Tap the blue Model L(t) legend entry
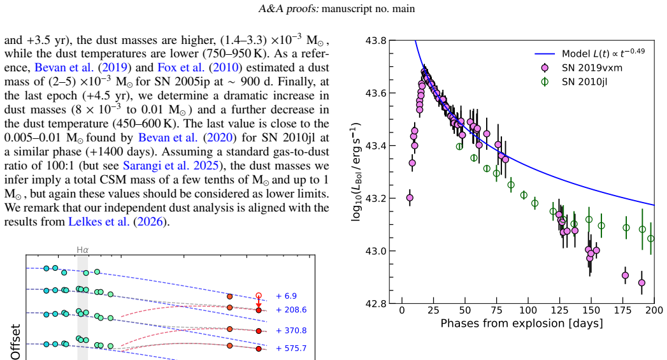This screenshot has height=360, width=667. [x=590, y=53]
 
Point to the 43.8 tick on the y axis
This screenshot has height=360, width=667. [x=376, y=41]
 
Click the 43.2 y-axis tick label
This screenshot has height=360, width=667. [x=376, y=199]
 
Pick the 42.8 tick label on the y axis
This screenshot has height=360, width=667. [x=376, y=304]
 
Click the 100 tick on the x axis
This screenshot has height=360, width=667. [x=528, y=310]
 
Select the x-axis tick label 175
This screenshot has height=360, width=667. [x=623, y=310]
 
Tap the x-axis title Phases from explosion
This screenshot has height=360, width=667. [x=522, y=324]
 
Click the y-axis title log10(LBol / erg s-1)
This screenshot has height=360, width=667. [x=355, y=172]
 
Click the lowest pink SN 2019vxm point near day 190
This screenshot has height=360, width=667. [x=642, y=282]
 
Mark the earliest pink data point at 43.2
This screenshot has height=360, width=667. [x=410, y=198]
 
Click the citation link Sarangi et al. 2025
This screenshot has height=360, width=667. [x=171, y=166]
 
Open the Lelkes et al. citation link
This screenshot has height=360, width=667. [x=116, y=222]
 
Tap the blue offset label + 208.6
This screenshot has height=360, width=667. [x=291, y=310]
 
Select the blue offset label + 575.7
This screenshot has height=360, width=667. [x=291, y=348]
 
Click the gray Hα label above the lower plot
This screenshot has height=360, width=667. [x=83, y=250]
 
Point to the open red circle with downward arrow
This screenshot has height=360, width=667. [x=258, y=296]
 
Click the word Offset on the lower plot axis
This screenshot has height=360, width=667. [x=15, y=342]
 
